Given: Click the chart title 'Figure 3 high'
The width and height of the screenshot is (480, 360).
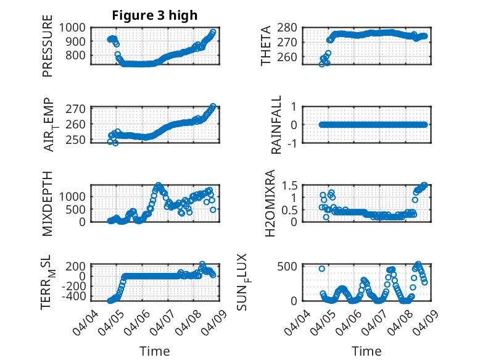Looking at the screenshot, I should pos(155,15).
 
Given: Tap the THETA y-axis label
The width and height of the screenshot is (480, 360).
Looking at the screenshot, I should pos(266,45).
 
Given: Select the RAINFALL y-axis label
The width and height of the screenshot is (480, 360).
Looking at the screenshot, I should pos(277,124).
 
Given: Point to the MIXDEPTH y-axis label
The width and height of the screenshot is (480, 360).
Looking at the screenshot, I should pos(48,203).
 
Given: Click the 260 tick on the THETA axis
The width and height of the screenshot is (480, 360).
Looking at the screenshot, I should pos(299,57).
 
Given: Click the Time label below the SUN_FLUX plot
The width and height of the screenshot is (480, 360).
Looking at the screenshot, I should pos(366,351).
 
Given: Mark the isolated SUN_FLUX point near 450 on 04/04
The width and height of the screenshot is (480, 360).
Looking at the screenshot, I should pos(322,269).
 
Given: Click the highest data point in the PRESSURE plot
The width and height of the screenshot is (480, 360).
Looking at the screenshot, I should pos(213,32).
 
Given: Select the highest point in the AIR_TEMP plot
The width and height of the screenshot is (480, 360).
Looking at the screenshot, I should pos(213,106).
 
